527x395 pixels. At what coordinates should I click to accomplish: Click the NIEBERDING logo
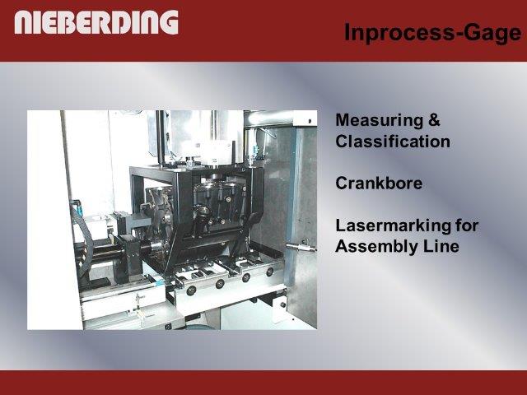(96, 22)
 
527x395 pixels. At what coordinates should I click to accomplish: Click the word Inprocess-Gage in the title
(433, 33)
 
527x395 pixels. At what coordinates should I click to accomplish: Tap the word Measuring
(379, 121)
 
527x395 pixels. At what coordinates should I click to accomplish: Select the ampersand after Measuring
(434, 120)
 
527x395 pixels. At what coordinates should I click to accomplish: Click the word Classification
(393, 141)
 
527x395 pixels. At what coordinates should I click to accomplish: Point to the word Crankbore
(379, 183)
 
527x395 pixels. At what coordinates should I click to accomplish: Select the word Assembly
(371, 247)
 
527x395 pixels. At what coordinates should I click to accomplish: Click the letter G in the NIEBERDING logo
(169, 22)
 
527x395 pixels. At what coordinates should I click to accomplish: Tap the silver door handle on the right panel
(301, 247)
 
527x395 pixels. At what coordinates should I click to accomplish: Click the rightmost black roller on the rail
(269, 272)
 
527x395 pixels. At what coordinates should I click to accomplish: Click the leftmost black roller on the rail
(191, 290)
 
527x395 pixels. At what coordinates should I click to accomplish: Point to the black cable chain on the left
(82, 235)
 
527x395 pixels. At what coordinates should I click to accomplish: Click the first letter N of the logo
(24, 22)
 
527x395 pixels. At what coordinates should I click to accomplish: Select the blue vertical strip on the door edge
(291, 202)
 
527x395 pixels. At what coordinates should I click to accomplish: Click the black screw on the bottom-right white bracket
(283, 305)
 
